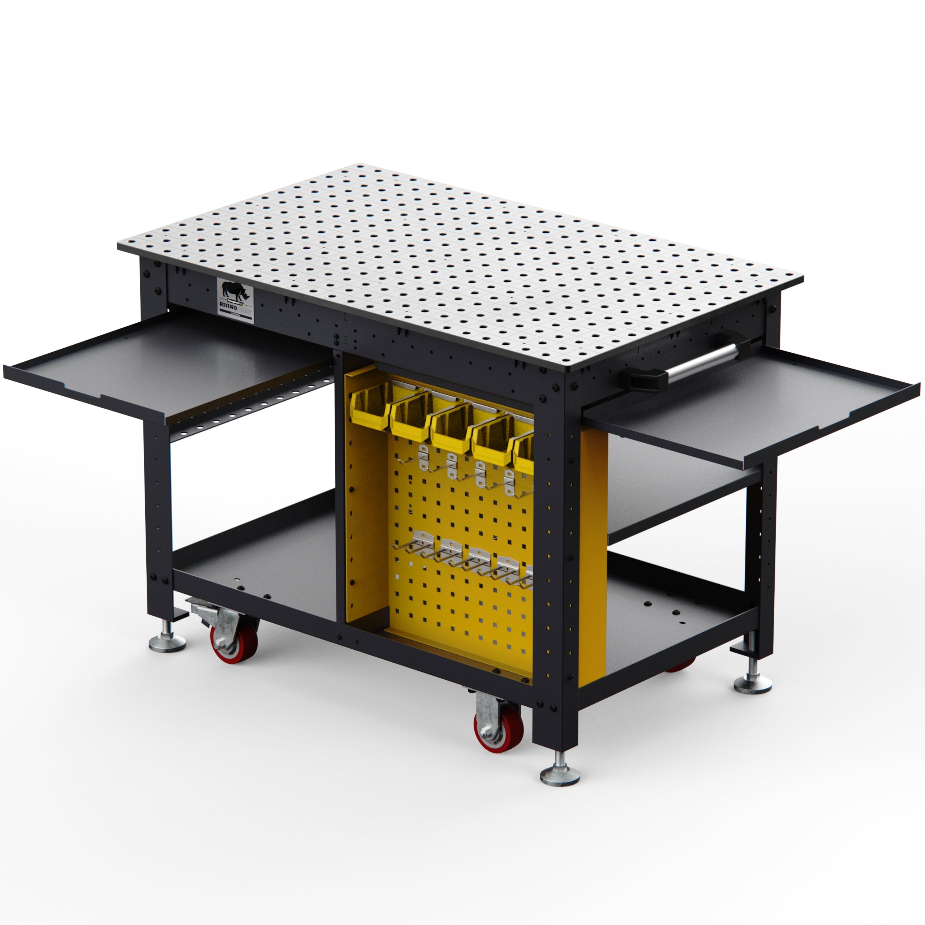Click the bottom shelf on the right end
click(670, 618)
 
